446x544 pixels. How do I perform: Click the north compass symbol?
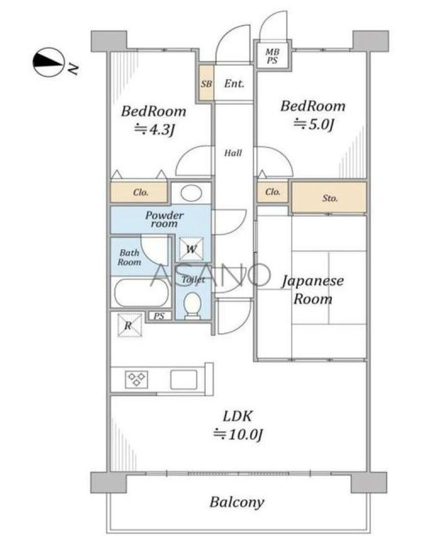click(x=49, y=62)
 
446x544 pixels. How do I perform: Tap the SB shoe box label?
click(x=206, y=84)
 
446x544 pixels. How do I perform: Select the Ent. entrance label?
click(x=234, y=83)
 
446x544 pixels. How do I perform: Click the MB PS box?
click(x=272, y=55)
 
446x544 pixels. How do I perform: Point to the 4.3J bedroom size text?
click(x=154, y=129)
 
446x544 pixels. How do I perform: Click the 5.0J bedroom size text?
click(x=314, y=124)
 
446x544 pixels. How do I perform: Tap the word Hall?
click(x=233, y=153)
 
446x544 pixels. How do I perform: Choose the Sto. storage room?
click(x=329, y=197)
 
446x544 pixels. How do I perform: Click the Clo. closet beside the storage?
click(x=272, y=192)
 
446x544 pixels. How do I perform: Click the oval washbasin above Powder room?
click(x=192, y=193)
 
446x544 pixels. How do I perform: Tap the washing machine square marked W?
click(x=191, y=249)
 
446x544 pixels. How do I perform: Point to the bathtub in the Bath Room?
click(x=141, y=293)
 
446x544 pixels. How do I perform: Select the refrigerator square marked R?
click(x=129, y=325)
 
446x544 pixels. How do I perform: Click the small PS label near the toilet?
click(x=159, y=316)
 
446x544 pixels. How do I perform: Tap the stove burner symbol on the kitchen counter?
click(x=136, y=379)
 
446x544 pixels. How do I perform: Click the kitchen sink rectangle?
click(x=184, y=379)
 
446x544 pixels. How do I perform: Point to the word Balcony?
click(x=237, y=502)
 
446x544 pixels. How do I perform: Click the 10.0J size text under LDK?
click(x=238, y=434)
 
